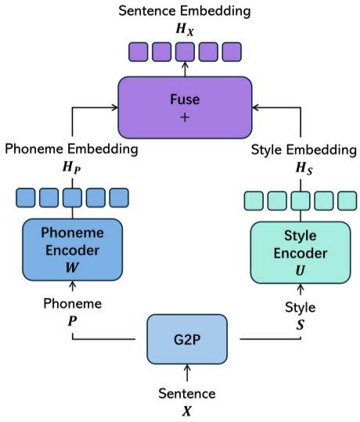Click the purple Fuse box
coord(185,106)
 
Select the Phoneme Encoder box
coord(72,248)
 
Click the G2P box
coord(187,338)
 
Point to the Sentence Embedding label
coord(185,10)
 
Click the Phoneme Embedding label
coord(72,148)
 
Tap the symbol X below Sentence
coord(187,409)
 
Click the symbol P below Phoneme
coord(72,320)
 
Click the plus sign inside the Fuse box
coord(185,117)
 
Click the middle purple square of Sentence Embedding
coord(185,52)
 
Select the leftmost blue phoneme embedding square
coord(25,197)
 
